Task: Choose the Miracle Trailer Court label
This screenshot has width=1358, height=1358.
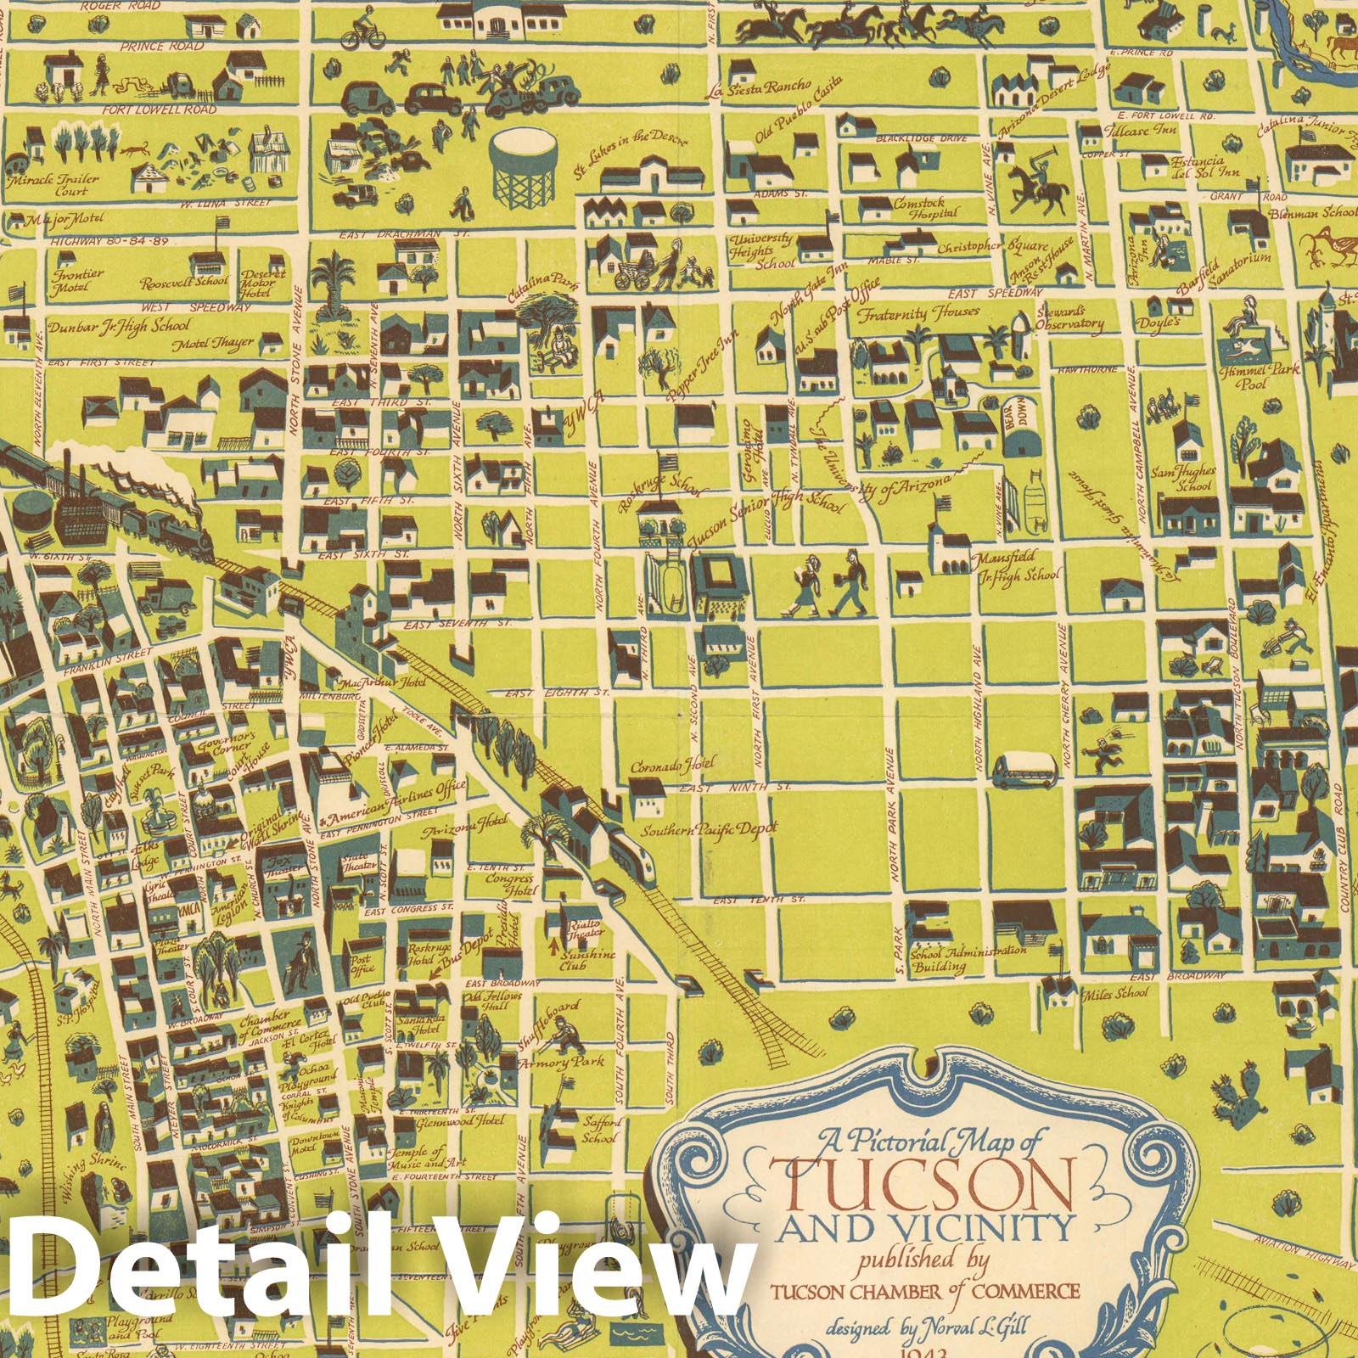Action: click(x=54, y=185)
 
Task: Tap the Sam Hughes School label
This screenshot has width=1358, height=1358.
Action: click(x=1194, y=478)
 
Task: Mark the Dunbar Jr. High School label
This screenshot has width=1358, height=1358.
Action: click(x=119, y=326)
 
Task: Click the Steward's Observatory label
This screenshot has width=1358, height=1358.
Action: click(x=1069, y=317)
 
